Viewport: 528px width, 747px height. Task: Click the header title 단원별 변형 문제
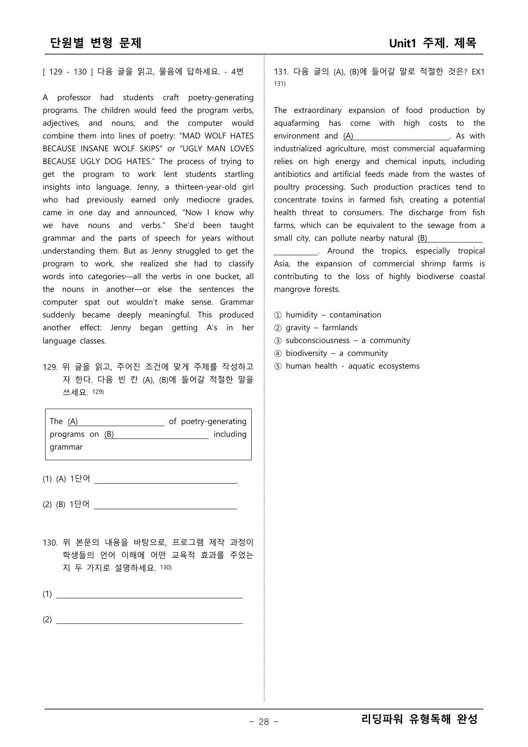tap(96, 43)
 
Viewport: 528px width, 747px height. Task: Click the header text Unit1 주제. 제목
tap(433, 43)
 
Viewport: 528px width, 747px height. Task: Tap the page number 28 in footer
tap(264, 721)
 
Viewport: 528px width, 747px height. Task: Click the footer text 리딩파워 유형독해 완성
tap(419, 719)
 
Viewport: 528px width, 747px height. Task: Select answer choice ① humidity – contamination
tap(327, 315)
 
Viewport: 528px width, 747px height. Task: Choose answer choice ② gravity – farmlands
tap(316, 328)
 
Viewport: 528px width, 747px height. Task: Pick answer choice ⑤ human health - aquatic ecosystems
tap(347, 366)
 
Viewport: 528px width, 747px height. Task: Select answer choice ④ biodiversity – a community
tap(331, 353)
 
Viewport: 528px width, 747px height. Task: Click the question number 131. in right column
tap(281, 72)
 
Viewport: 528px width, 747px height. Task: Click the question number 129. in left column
tap(50, 367)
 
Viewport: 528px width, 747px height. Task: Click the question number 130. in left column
tap(50, 543)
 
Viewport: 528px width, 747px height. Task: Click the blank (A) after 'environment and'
tap(396, 136)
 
